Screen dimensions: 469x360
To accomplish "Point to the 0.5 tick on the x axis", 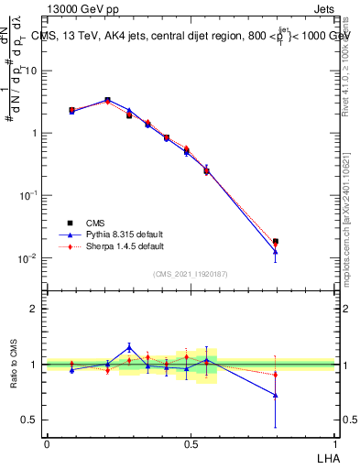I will click(x=191, y=444).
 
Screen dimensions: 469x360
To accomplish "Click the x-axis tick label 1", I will click(x=336, y=444).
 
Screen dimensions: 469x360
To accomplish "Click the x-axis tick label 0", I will click(x=47, y=444).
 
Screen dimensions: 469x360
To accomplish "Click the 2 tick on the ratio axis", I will click(x=37, y=309).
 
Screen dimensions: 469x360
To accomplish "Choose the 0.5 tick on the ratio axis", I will click(x=33, y=420).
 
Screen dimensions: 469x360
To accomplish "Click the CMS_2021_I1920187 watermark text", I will click(x=191, y=274).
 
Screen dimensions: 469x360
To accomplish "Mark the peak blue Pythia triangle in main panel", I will click(x=107, y=100).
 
